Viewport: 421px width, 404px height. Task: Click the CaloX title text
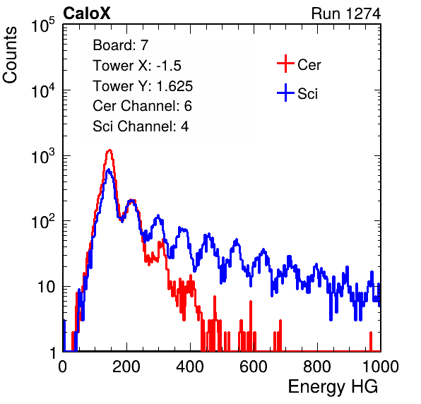pos(87,13)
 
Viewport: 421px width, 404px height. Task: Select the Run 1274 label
pos(346,13)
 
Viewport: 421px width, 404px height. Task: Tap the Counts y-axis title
pos(10,55)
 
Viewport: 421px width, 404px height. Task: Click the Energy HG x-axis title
pos(333,387)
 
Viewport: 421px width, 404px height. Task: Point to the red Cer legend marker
pos(285,64)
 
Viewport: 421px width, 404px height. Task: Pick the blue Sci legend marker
pos(285,93)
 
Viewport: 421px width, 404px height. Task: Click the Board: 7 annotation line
pos(121,45)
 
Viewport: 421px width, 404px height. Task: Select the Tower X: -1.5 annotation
pos(137,66)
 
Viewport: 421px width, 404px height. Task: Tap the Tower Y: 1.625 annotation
pos(143,86)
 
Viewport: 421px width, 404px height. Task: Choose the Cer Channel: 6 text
pos(142,106)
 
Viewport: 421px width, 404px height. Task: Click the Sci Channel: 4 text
pos(141,126)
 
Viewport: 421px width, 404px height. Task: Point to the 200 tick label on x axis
pos(126,367)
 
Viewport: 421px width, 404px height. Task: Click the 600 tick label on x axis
pos(254,367)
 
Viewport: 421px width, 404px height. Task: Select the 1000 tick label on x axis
pos(381,367)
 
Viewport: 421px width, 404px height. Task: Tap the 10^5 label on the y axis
pos(43,25)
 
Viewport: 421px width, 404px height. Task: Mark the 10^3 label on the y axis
pos(43,156)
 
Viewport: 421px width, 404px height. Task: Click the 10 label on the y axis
pos(47,287)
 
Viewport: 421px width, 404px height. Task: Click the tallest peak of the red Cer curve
pos(109,150)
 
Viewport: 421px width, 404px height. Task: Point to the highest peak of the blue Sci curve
pos(109,170)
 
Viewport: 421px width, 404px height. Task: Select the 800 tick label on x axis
pos(317,367)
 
